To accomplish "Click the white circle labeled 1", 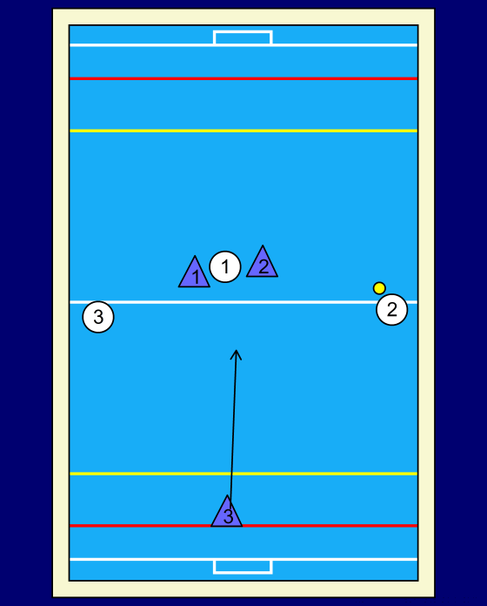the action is [225, 266].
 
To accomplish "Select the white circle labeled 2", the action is [391, 309].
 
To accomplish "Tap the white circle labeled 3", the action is [98, 317].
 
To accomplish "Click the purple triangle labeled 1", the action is [194, 273].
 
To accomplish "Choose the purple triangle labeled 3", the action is [226, 513].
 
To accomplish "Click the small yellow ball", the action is [379, 288].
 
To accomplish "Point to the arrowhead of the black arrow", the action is [237, 351].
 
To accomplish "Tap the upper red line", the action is [243, 79].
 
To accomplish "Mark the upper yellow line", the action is [243, 131].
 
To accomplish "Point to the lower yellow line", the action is [243, 474].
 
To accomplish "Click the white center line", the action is [243, 302].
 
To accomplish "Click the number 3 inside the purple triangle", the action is [228, 516].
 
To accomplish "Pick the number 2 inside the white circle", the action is [391, 310].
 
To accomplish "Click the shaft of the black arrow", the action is [233, 429].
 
